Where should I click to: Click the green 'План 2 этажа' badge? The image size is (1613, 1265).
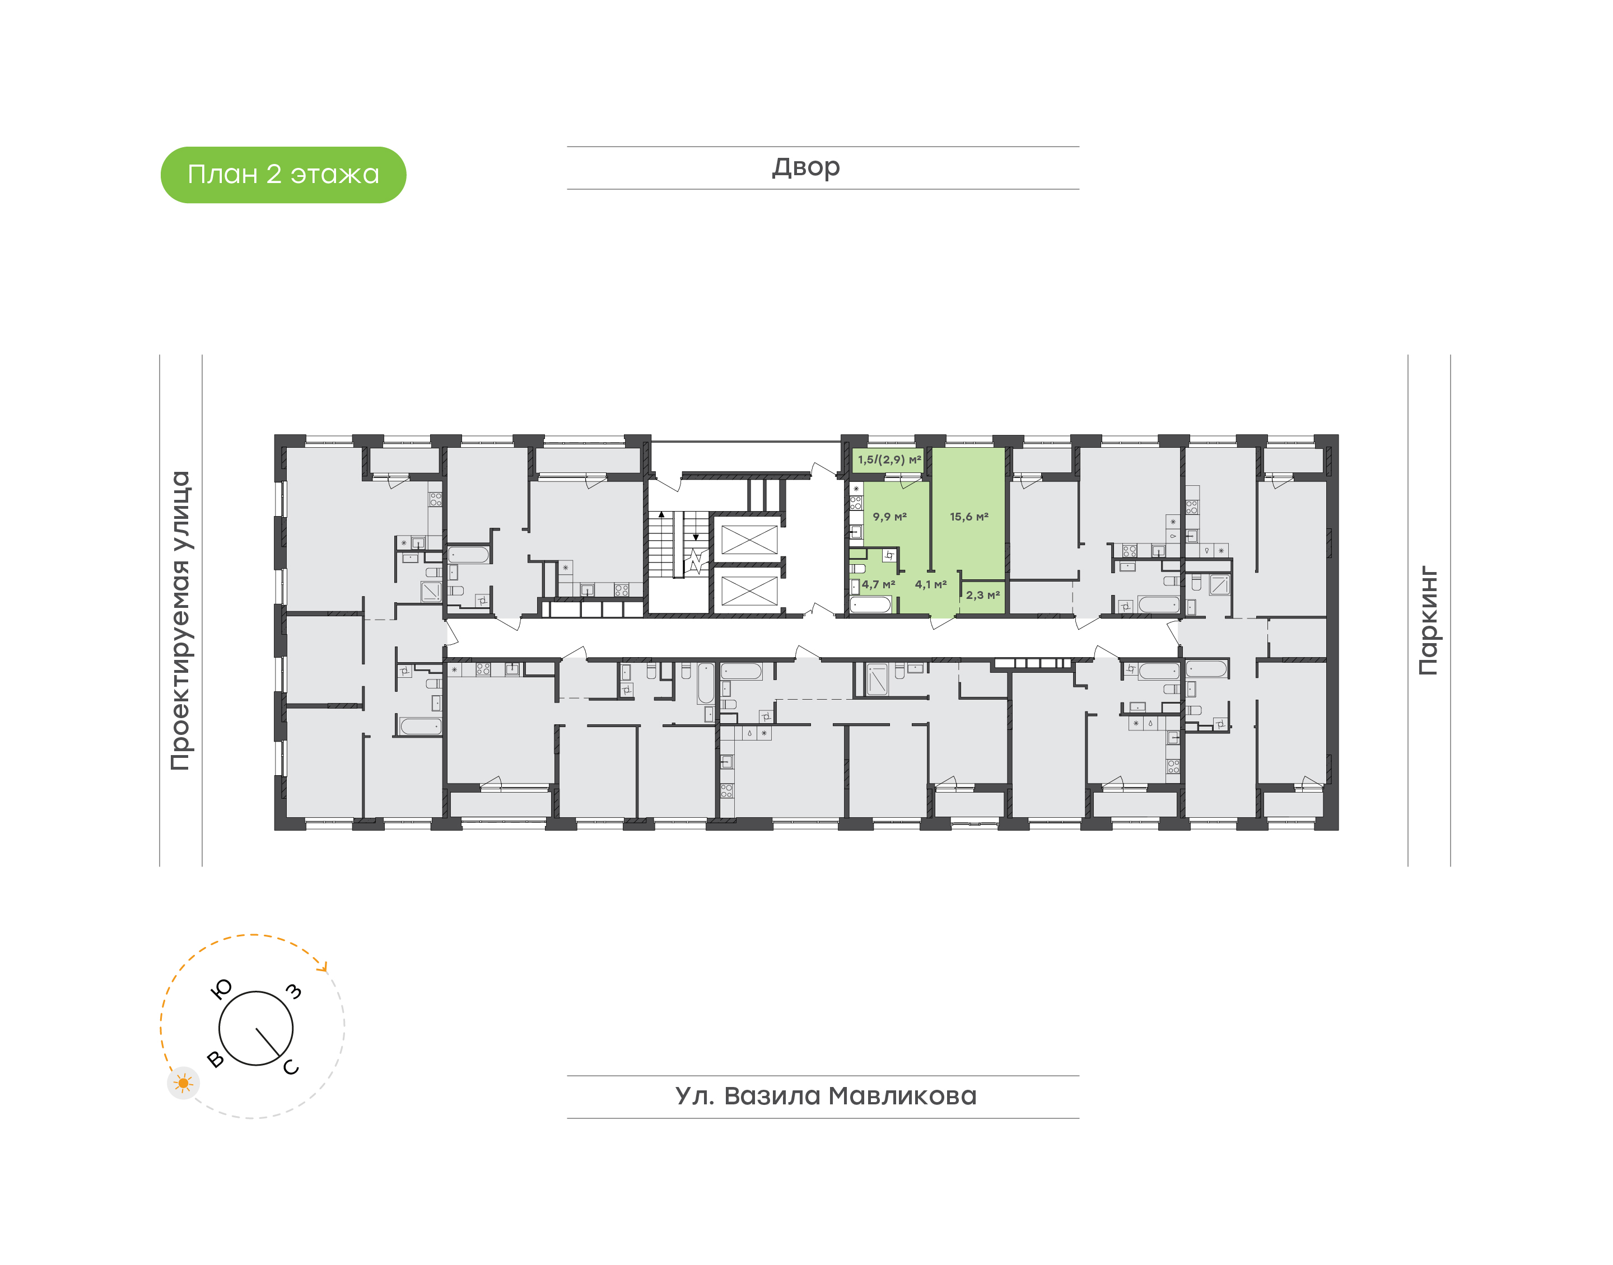(x=283, y=175)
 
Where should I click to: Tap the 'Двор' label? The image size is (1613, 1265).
(x=806, y=167)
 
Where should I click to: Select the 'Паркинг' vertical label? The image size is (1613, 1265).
(x=1428, y=621)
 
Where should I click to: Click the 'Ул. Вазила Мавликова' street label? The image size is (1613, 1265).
(x=826, y=1096)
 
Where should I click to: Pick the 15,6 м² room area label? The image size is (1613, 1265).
(x=969, y=517)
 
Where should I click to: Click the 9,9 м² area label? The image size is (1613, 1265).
(x=889, y=517)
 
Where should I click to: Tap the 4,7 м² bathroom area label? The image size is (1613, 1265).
(x=878, y=584)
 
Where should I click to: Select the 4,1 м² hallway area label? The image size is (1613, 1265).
(x=931, y=584)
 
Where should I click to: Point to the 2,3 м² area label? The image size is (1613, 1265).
(x=982, y=595)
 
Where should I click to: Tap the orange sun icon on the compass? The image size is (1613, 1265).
(x=183, y=1084)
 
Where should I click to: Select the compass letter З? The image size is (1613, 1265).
(x=294, y=992)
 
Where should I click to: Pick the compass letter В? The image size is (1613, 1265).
(x=216, y=1059)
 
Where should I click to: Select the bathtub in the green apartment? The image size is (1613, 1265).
(x=870, y=605)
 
